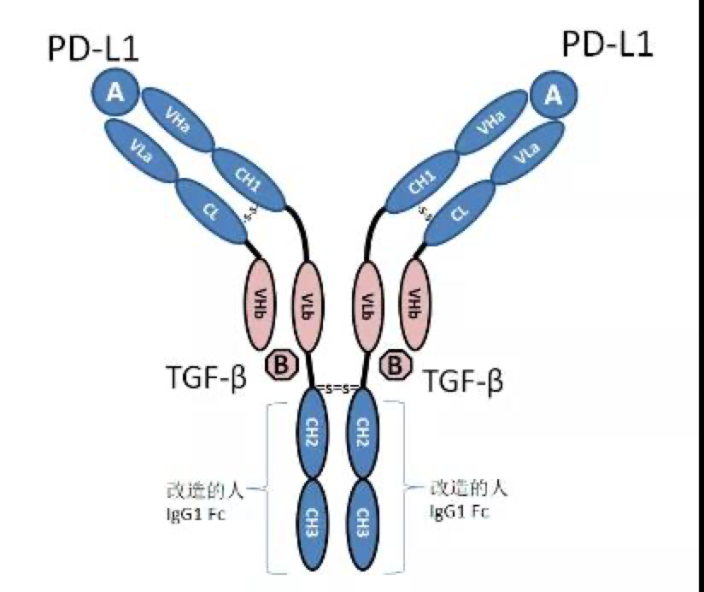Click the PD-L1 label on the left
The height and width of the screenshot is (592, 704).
[x=92, y=49]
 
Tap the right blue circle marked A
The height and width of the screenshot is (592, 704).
[x=554, y=96]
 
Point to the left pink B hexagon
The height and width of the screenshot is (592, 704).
[x=281, y=366]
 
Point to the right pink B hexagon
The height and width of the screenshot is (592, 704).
[x=396, y=366]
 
